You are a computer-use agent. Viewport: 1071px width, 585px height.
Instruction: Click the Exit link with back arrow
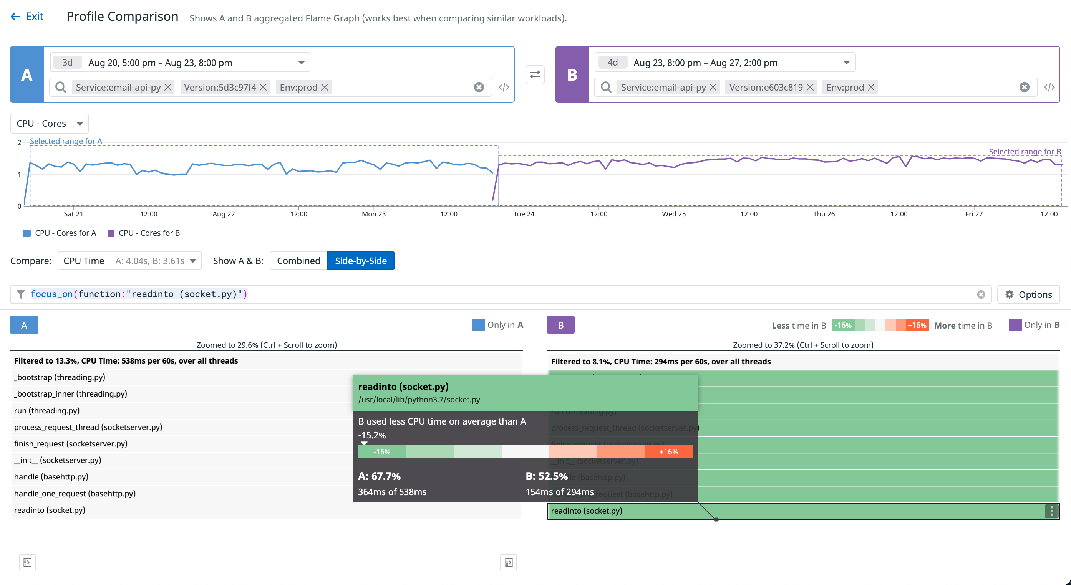tap(27, 17)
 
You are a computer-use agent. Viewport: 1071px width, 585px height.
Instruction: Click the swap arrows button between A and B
tap(535, 75)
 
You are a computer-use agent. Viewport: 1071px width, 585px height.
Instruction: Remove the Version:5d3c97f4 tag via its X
tap(263, 87)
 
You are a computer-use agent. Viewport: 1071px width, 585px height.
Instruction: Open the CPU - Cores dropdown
tap(49, 123)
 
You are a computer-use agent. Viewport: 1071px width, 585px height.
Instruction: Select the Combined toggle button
tap(298, 261)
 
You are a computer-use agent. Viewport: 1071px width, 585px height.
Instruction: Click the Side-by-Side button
tap(360, 261)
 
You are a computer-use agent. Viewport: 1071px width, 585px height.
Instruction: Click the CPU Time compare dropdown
tap(129, 261)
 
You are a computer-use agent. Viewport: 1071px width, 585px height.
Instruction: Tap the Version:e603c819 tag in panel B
tap(766, 87)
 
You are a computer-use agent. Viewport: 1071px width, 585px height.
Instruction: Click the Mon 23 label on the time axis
tap(373, 214)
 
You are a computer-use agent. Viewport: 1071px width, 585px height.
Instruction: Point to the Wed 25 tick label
tap(673, 214)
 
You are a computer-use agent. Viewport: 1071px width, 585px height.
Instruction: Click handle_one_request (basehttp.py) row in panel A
tap(75, 494)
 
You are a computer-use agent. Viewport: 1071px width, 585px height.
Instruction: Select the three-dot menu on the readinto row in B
tap(1051, 511)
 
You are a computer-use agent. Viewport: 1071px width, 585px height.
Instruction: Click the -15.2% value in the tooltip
tap(372, 435)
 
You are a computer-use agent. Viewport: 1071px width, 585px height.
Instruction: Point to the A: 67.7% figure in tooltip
tap(379, 476)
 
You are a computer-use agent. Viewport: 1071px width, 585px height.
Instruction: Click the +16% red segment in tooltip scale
tap(668, 452)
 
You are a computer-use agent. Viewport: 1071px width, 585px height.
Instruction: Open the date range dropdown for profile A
tap(301, 63)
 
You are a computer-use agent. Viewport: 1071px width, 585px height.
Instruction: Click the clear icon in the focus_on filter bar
tap(981, 294)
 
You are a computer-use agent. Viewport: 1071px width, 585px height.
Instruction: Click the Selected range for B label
tap(1024, 152)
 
